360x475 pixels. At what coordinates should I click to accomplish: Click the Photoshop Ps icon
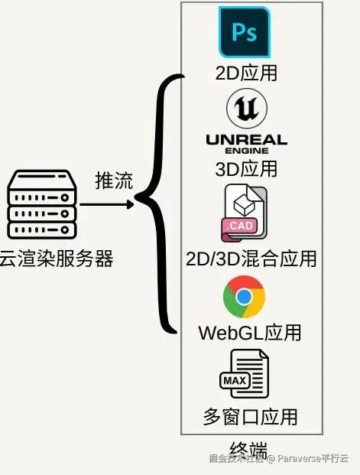tap(245, 32)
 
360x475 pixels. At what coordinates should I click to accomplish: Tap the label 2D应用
tap(246, 73)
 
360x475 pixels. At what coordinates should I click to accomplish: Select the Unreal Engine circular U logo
tap(245, 111)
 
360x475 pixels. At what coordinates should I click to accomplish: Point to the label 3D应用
tap(246, 168)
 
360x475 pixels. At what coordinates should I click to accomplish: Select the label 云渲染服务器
tap(55, 259)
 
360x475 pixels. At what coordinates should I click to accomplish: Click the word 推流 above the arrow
tap(114, 181)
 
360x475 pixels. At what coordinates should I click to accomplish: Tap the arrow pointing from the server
tap(107, 204)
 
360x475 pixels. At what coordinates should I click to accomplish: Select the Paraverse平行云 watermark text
tap(312, 459)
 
